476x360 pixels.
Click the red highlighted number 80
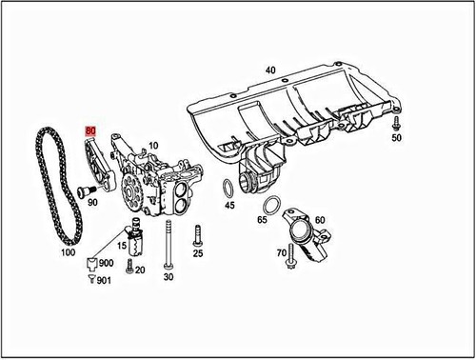tap(90, 130)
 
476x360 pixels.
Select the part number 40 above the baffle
tap(270, 70)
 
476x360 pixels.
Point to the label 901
tap(104, 280)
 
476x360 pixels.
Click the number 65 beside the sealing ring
tap(262, 220)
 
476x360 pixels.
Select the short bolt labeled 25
tap(197, 234)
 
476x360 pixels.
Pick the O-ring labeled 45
tap(229, 187)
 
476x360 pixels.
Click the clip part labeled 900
tap(90, 262)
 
